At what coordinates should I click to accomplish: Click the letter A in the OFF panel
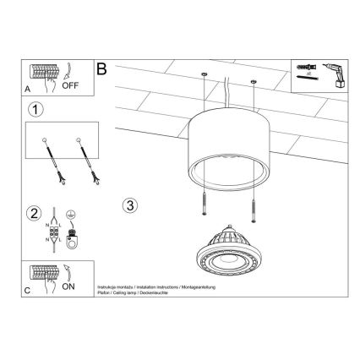coord(28,88)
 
